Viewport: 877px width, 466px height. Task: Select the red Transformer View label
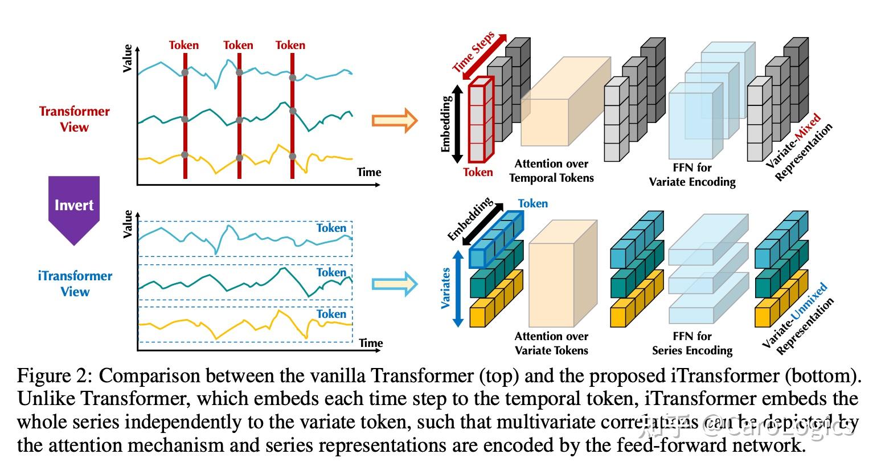[74, 119]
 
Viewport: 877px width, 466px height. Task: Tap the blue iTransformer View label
[75, 284]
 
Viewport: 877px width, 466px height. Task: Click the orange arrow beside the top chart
[394, 120]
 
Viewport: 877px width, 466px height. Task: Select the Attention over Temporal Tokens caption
[551, 171]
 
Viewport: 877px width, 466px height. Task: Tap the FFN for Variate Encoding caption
[692, 175]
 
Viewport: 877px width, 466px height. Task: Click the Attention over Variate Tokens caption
[551, 344]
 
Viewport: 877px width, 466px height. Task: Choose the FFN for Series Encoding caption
[692, 344]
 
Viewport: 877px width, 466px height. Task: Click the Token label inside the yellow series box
[331, 314]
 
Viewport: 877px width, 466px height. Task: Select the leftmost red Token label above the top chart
[184, 45]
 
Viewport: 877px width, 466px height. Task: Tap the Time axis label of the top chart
[369, 172]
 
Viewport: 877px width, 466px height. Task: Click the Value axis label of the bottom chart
[128, 224]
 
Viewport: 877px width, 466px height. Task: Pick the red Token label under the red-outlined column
[478, 172]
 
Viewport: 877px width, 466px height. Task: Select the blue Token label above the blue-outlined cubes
[532, 203]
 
